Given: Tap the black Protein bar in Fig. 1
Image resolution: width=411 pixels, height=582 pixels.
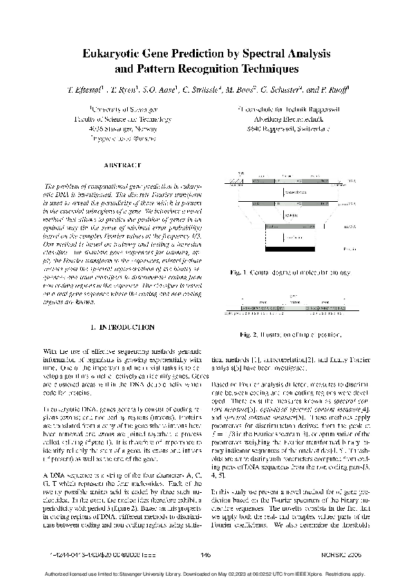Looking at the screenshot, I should (x=290, y=248).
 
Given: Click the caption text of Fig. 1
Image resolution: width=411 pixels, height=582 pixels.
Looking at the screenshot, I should (x=289, y=274).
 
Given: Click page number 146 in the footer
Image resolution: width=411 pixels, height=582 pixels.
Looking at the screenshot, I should (x=205, y=554).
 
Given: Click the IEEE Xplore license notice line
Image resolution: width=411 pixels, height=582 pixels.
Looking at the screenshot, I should (x=205, y=574).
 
